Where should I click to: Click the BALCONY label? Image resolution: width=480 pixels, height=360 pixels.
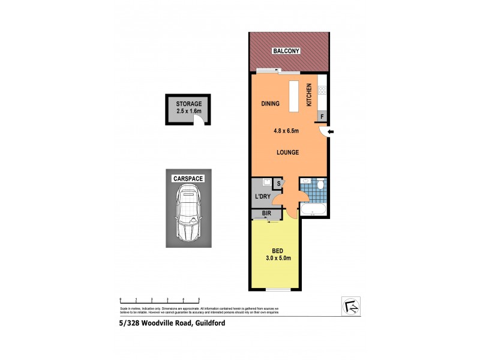coord(289,52)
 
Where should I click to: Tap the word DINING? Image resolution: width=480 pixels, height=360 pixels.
coord(271,104)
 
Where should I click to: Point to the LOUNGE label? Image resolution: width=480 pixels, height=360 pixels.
coord(287,152)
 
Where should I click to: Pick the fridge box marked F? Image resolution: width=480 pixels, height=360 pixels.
coord(322,116)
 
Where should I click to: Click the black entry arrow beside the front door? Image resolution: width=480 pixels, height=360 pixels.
coord(331,131)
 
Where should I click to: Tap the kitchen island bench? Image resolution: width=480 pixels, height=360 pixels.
coord(293,96)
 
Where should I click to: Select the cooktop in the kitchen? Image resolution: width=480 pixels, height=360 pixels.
coord(322,91)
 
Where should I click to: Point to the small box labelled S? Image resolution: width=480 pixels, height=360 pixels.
coord(278,184)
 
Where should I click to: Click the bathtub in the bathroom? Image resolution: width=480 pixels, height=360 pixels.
coord(313,211)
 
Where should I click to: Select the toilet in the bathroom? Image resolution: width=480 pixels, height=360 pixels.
coord(320,184)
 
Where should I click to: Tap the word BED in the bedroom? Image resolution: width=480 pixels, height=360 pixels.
coord(277,251)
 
